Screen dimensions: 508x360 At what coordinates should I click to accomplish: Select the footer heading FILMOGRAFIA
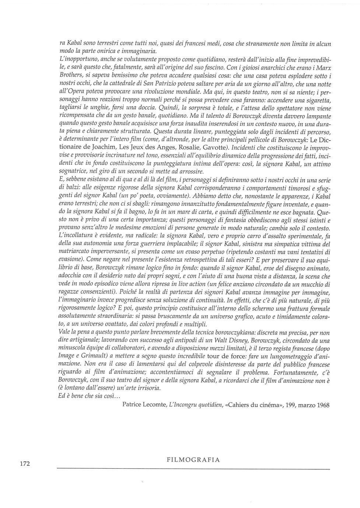193,460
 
